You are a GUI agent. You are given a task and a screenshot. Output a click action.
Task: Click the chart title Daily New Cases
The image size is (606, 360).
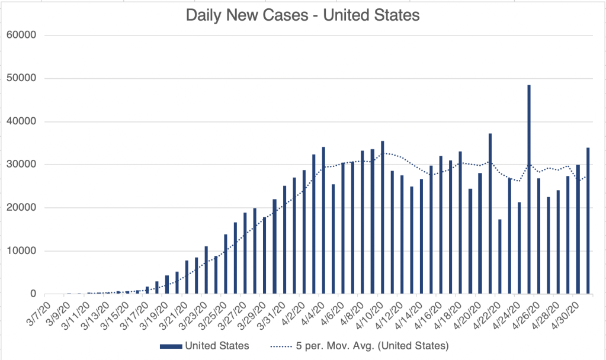tap(303, 15)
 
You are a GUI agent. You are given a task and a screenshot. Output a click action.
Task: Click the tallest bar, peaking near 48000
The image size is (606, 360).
tap(529, 189)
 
